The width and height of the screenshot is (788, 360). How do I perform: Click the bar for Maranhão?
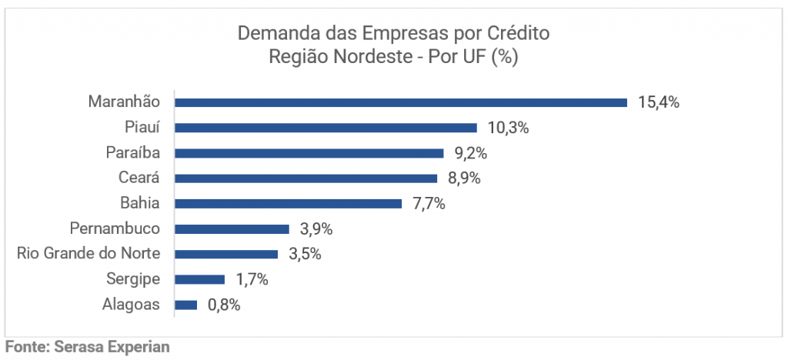(400, 102)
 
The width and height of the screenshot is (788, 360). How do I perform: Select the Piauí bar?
(326, 127)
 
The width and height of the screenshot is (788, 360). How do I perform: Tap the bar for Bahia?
(288, 203)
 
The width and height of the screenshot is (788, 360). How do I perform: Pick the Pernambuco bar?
(232, 228)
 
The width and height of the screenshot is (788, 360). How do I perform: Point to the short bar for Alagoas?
(186, 305)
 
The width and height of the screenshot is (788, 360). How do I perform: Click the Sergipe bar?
(199, 279)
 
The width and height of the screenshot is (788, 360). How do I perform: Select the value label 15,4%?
(658, 102)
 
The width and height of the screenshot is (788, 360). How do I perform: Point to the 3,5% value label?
(305, 254)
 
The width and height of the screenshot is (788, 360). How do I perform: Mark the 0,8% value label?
(224, 305)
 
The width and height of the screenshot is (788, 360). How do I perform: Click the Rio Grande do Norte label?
(88, 254)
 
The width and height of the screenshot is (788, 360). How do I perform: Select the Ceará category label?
(139, 178)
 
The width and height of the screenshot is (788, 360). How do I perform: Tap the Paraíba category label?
(132, 152)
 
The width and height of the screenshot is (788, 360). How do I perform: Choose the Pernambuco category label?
(115, 228)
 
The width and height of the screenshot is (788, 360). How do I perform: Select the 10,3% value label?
(508, 127)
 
